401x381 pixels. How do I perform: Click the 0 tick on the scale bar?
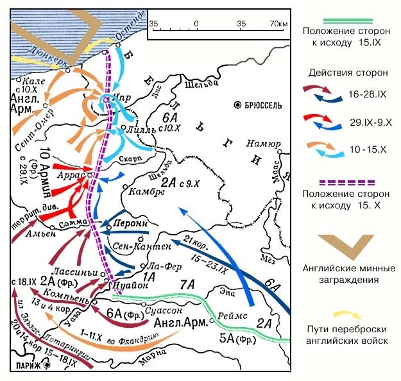click(196, 24)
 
